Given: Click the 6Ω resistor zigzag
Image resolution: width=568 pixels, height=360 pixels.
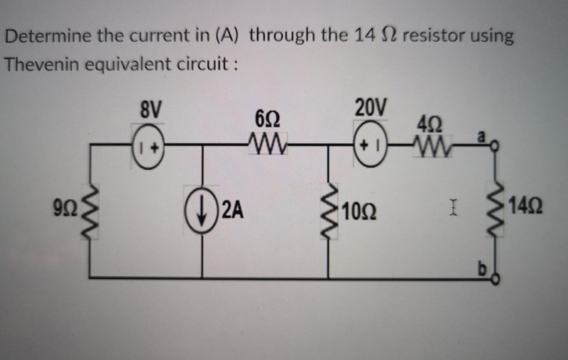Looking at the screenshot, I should click(x=265, y=146).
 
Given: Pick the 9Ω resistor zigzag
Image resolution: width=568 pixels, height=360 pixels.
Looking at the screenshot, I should click(x=90, y=212).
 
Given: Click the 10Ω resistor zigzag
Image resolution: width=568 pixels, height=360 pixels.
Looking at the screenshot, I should click(x=328, y=212).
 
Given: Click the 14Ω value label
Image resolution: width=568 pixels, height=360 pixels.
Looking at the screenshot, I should click(x=525, y=211).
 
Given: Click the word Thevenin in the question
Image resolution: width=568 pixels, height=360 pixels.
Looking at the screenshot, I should click(x=41, y=63).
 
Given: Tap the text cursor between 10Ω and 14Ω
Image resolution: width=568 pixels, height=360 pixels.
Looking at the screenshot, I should click(x=452, y=210).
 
